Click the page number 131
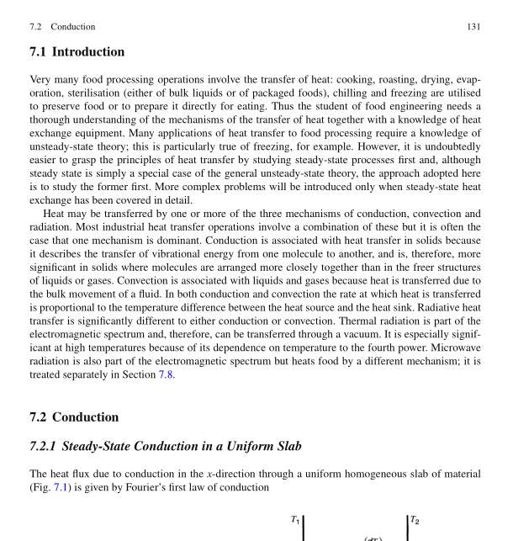pyautogui.click(x=473, y=27)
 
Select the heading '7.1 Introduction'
pyautogui.click(x=77, y=52)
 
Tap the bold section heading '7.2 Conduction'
pyautogui.click(x=74, y=417)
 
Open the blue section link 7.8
pyautogui.click(x=166, y=375)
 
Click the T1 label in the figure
pyautogui.click(x=295, y=520)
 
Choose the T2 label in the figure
pyautogui.click(x=415, y=520)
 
